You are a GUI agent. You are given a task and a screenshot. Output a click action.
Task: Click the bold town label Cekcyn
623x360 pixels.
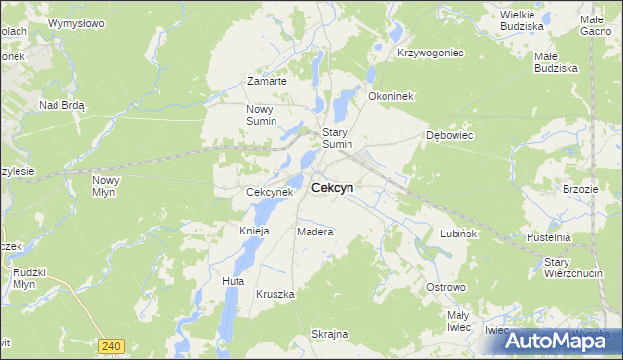[x=333, y=188]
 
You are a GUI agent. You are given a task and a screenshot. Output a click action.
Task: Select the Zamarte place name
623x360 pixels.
[x=267, y=81]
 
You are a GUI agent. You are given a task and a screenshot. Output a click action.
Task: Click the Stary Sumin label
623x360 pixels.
[x=337, y=138]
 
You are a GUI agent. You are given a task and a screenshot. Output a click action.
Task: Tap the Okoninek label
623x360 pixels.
[x=391, y=97]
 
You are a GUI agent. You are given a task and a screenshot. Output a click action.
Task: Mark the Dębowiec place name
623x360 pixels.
[x=450, y=135]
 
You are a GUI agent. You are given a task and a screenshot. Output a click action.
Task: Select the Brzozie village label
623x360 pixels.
[x=580, y=189]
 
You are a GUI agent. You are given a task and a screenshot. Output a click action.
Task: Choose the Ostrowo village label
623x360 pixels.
[x=448, y=288]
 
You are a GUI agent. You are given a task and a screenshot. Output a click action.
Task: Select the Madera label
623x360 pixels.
[x=315, y=233]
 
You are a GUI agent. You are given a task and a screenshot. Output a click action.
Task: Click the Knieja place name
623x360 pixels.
[x=254, y=232]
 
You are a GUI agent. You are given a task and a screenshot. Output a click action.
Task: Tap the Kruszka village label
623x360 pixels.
[x=275, y=293]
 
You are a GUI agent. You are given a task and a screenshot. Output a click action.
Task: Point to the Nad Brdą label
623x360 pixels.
[x=62, y=104]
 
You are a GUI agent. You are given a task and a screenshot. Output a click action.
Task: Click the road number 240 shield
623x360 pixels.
[x=112, y=345]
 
